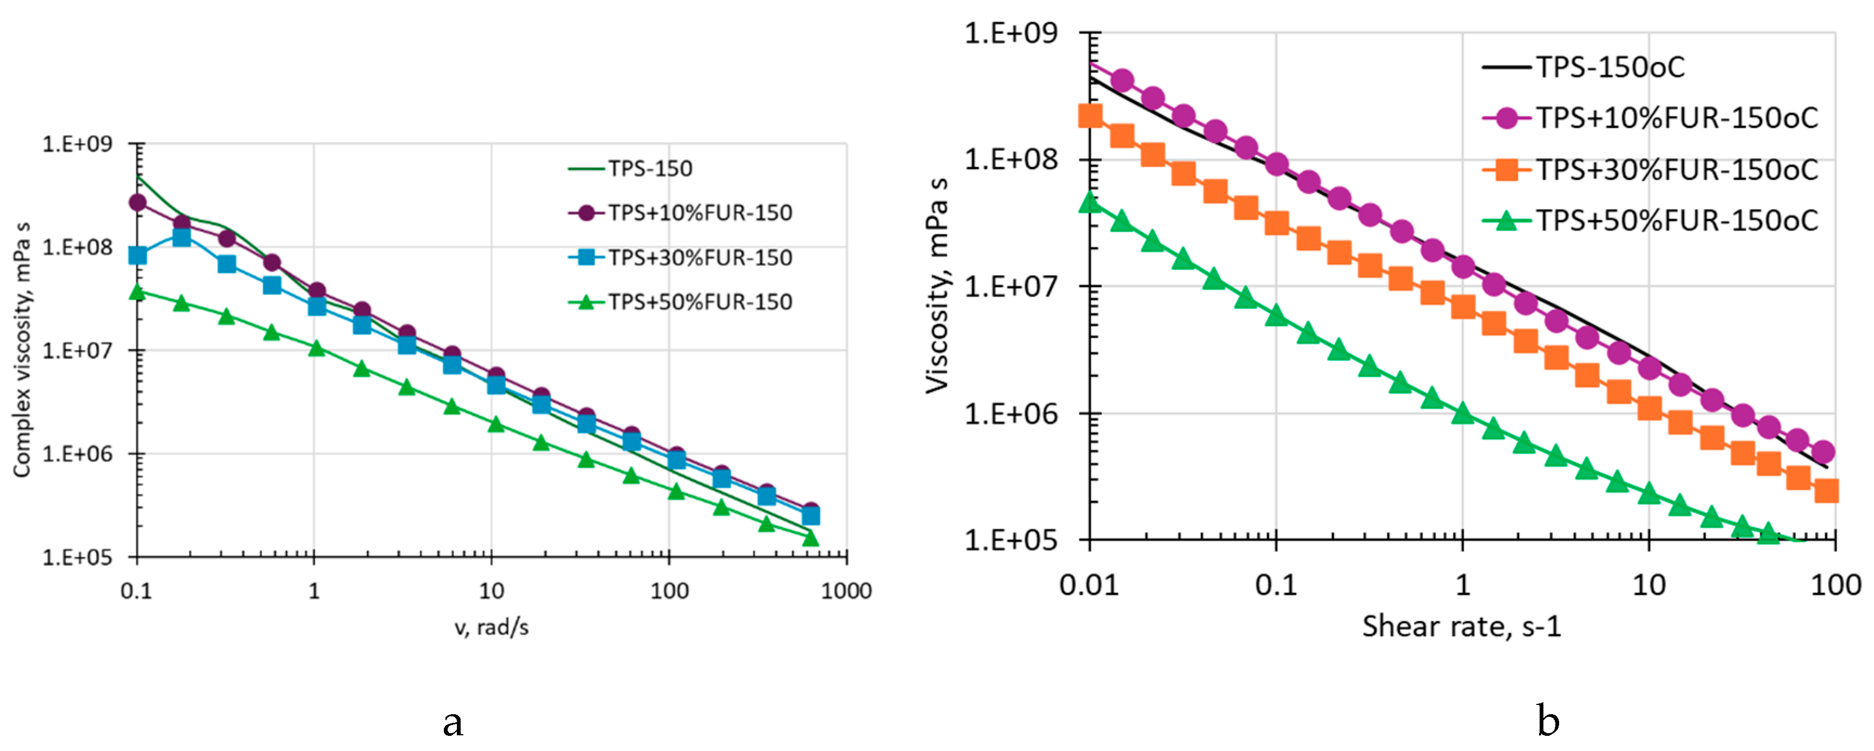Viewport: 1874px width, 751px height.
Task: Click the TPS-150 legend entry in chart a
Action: point(650,169)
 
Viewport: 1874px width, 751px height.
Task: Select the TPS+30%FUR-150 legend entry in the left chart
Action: point(699,257)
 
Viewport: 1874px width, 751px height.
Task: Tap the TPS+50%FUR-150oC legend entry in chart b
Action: point(1676,220)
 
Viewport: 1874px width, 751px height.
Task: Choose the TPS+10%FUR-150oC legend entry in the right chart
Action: point(1676,118)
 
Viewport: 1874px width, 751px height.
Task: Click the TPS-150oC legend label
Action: point(1610,67)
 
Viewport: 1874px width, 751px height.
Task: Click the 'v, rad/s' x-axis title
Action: point(492,626)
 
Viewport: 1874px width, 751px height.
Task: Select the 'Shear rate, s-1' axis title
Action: point(1462,626)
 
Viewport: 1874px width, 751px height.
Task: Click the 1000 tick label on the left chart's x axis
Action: point(846,590)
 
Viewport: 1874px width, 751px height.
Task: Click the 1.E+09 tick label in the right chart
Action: point(1011,34)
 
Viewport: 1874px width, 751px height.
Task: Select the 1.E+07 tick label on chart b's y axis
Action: point(1011,286)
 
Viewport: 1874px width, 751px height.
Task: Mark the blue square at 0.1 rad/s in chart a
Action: point(138,255)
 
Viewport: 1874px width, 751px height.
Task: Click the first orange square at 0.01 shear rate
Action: point(1090,115)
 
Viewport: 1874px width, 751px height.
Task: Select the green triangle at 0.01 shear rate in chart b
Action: point(1090,201)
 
